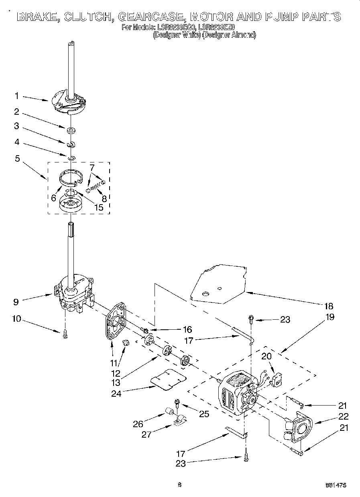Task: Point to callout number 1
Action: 17,96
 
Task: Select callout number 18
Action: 328,306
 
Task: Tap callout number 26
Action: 138,423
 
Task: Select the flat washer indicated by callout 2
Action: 71,130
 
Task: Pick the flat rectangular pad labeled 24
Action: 169,379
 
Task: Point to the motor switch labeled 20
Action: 277,379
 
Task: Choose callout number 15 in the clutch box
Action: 98,207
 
